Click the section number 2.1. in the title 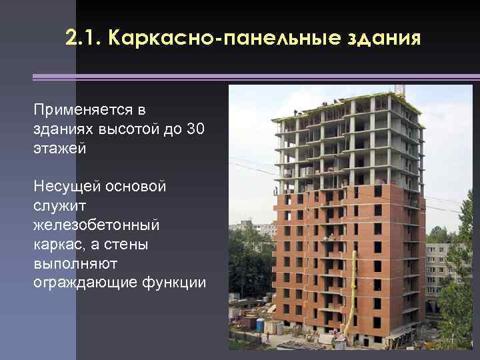click(x=83, y=38)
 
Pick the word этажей click(x=59, y=148)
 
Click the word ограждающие click(x=85, y=283)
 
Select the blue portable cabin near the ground click(x=260, y=325)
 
